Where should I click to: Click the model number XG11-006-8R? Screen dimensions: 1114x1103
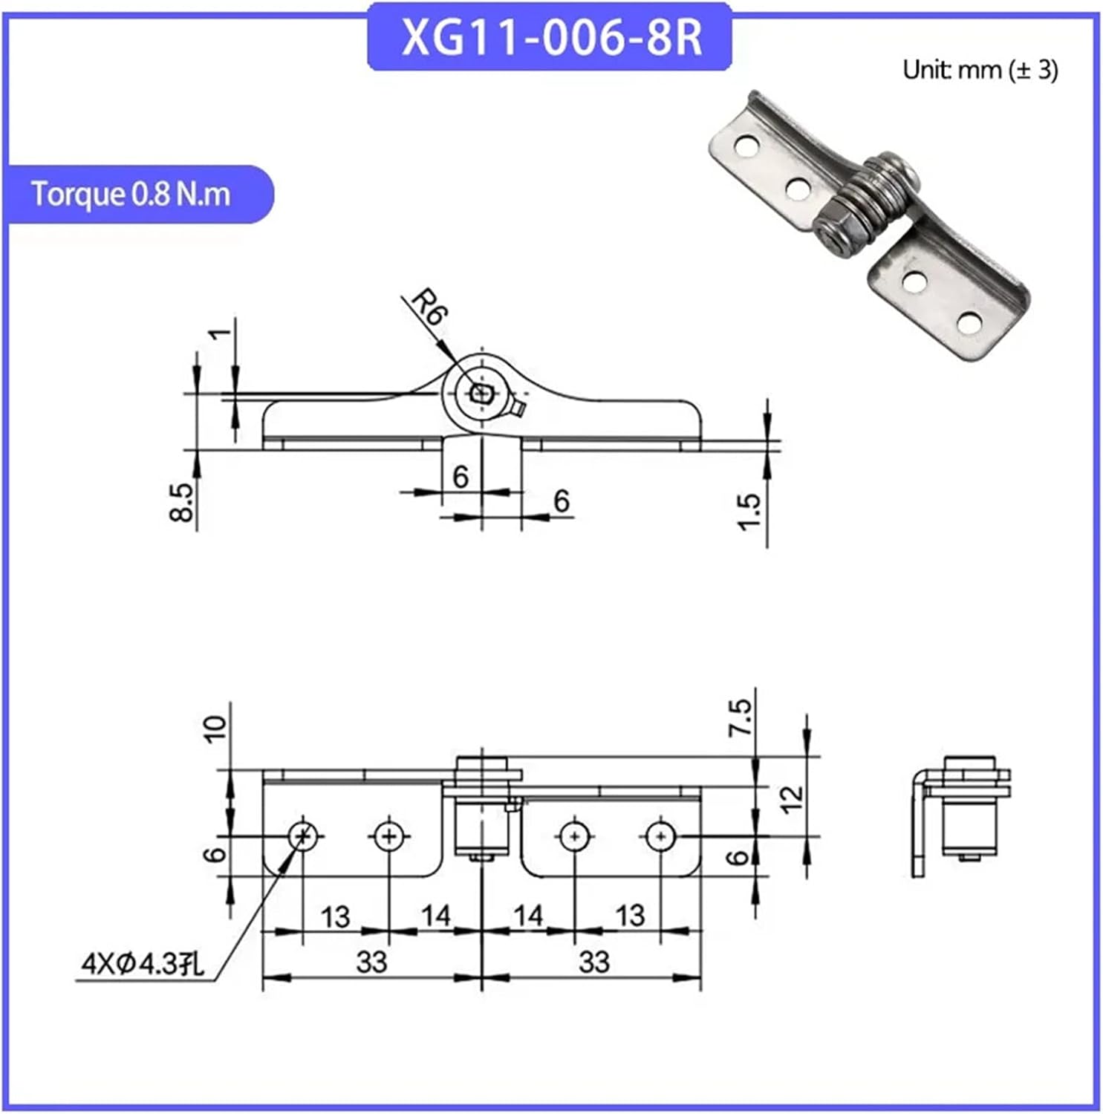tap(550, 38)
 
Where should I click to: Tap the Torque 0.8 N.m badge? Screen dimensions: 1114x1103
tap(131, 194)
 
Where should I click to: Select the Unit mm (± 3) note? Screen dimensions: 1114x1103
tap(980, 70)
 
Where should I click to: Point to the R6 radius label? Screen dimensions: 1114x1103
tap(428, 306)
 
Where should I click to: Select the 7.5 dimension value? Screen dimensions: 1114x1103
tap(741, 717)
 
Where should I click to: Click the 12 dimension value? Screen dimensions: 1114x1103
tap(793, 799)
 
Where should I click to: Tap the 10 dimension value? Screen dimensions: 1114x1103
tap(215, 729)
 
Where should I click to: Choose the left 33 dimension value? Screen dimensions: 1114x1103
tap(371, 962)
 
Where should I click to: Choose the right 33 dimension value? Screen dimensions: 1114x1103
tap(593, 962)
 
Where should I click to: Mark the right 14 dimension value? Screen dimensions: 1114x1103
tap(528, 916)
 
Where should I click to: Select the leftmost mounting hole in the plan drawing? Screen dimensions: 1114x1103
tap(303, 836)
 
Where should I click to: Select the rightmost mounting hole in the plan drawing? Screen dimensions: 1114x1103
tap(660, 836)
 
